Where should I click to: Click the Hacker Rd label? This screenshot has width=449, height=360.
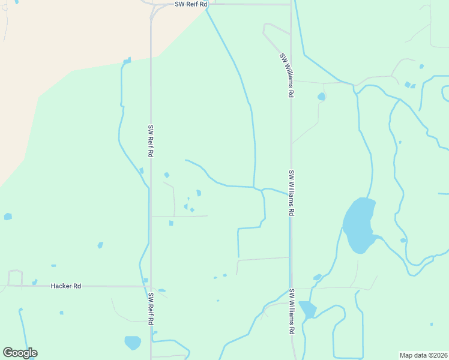[66, 286]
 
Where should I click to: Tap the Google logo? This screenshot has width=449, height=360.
[20, 353]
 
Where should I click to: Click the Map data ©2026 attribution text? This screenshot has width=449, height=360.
[423, 355]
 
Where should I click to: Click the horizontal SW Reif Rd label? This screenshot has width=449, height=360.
[191, 4]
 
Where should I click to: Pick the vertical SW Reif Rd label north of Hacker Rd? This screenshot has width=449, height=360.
[151, 141]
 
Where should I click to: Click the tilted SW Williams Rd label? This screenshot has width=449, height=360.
[286, 75]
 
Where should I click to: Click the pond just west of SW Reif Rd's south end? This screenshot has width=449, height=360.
[133, 343]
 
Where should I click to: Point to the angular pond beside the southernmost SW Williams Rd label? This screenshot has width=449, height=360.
[307, 310]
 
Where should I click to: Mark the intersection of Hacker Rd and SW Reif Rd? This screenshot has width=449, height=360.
[150, 286]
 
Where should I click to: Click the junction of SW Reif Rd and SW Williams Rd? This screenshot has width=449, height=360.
[291, 4]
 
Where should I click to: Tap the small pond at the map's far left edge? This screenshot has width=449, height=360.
[8, 216]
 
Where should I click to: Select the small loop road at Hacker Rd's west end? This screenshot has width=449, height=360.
[15, 278]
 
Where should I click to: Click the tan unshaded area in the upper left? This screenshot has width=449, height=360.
[72, 36]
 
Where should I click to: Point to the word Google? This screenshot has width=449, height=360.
[20, 353]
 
